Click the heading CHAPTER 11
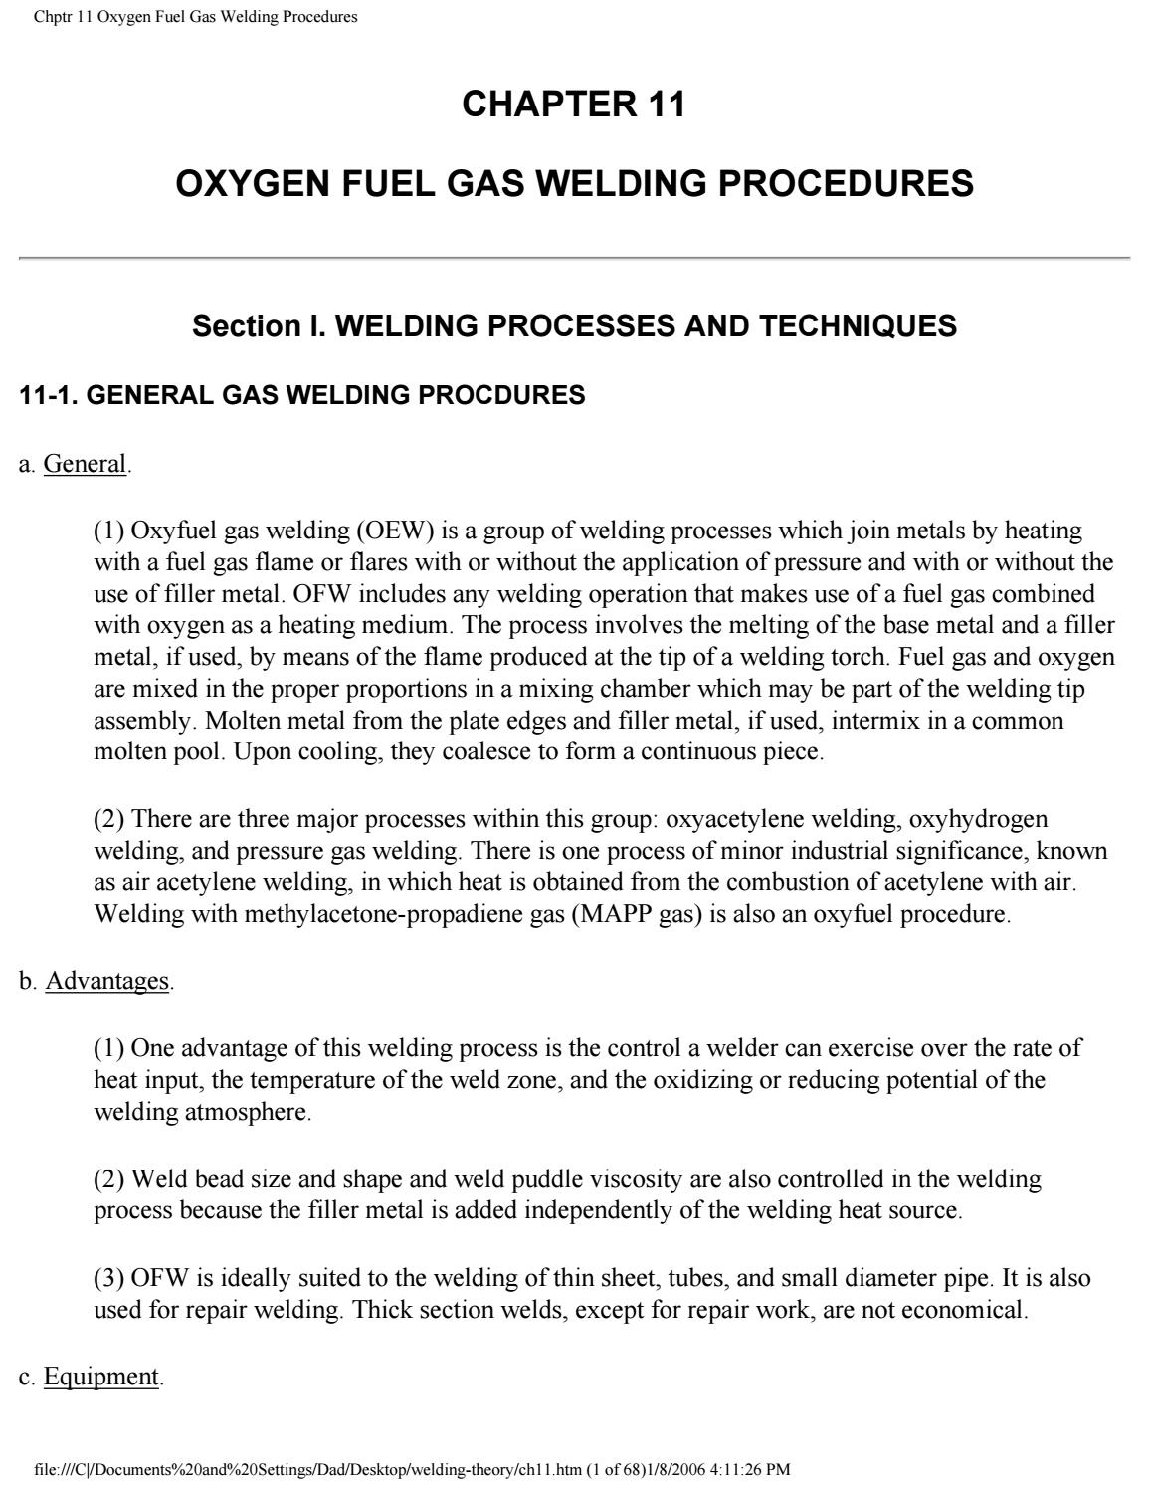tap(574, 105)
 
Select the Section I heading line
tap(574, 326)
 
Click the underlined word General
tap(86, 464)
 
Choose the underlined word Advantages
tap(107, 981)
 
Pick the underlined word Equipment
tap(100, 1377)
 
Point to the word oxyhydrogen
tap(979, 819)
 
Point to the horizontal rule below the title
tap(574, 258)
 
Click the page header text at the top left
tap(195, 17)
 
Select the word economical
tap(963, 1310)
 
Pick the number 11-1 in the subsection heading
tap(46, 396)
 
